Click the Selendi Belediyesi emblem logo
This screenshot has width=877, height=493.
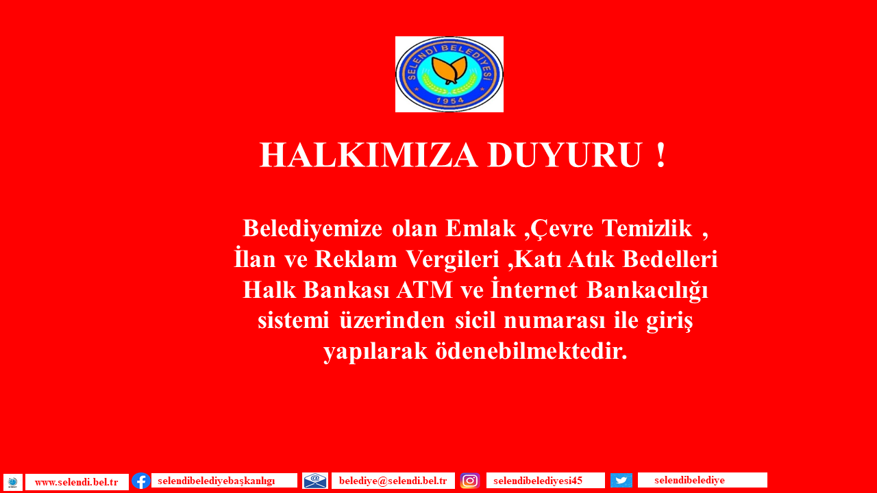(x=449, y=75)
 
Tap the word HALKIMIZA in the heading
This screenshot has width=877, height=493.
(x=369, y=155)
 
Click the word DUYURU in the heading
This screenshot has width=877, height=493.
(x=565, y=155)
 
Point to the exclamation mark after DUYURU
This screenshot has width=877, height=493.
(x=661, y=155)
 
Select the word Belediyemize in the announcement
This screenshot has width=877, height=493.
(x=312, y=229)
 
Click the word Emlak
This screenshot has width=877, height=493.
(x=481, y=229)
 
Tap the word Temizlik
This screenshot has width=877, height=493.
(x=647, y=229)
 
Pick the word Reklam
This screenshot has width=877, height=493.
(x=356, y=259)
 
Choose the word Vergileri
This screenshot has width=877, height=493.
(x=452, y=260)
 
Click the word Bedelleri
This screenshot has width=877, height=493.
(x=670, y=259)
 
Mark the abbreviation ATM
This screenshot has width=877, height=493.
(x=424, y=290)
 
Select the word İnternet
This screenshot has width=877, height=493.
(x=534, y=289)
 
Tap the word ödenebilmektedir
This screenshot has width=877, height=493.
(x=531, y=351)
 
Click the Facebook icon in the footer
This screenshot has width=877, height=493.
(x=141, y=481)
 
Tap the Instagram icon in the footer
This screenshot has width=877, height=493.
(x=470, y=481)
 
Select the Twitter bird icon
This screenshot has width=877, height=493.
(x=621, y=480)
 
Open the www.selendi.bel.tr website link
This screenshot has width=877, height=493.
(x=77, y=482)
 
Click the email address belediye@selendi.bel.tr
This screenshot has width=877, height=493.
(x=393, y=481)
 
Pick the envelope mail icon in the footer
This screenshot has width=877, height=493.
(x=315, y=481)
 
